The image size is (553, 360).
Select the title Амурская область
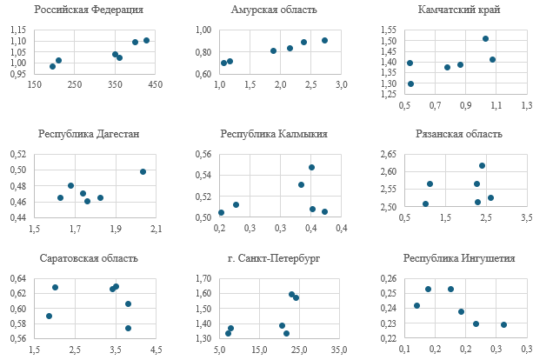(x=274, y=10)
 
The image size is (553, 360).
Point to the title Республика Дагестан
(x=89, y=134)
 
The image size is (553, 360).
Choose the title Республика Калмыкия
(x=274, y=134)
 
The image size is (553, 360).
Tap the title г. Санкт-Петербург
(x=274, y=258)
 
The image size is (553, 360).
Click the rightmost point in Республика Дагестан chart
(x=143, y=171)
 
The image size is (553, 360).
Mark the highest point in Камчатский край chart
(x=485, y=38)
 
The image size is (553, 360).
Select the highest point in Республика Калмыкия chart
(x=311, y=167)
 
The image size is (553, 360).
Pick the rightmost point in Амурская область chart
(x=324, y=40)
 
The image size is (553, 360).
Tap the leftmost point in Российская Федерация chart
(x=52, y=66)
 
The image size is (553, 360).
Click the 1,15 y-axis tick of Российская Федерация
(x=18, y=30)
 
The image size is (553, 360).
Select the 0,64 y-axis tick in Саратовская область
(x=18, y=278)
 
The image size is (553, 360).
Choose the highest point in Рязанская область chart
(x=482, y=165)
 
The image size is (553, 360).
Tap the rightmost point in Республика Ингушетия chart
(x=503, y=324)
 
